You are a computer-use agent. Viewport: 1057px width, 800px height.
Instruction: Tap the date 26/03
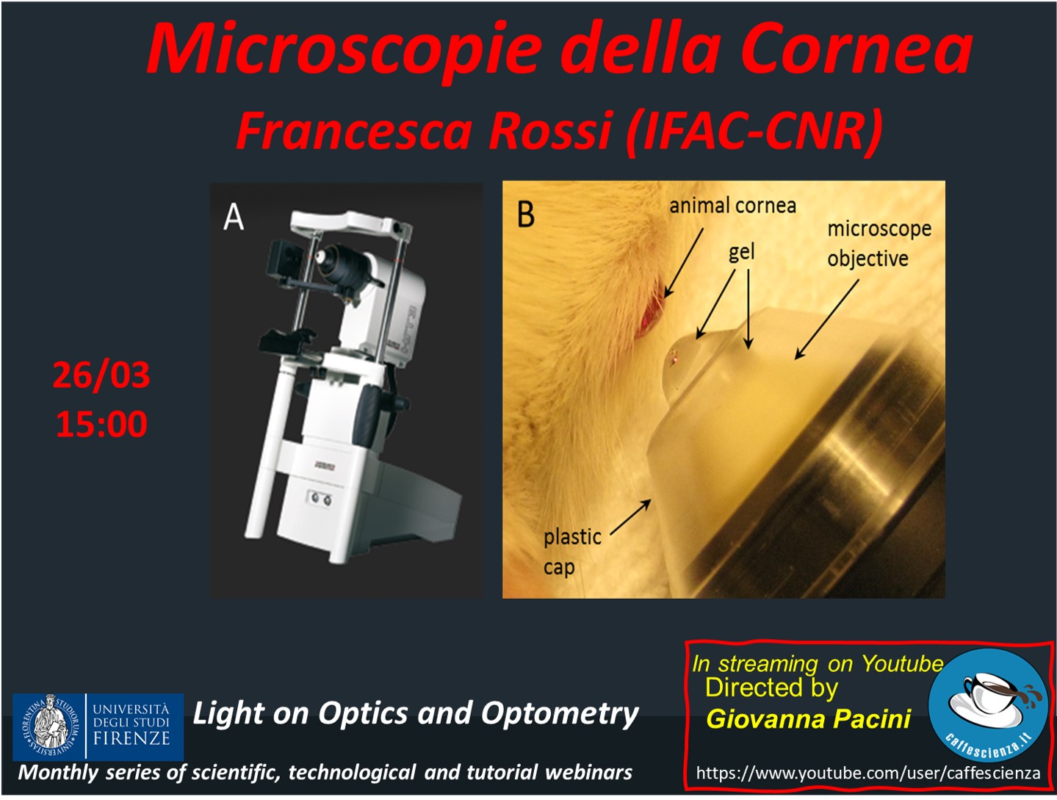(x=101, y=375)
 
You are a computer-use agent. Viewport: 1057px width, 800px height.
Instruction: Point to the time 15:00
(x=101, y=424)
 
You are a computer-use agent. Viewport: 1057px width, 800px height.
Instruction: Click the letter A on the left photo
(x=234, y=217)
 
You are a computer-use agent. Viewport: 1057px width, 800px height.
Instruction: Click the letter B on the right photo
(x=526, y=214)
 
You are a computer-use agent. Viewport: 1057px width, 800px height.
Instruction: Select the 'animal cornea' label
(x=732, y=206)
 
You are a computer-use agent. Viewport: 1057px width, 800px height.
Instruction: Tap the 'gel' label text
(x=741, y=252)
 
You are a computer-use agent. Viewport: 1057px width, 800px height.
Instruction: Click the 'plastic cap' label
(x=572, y=552)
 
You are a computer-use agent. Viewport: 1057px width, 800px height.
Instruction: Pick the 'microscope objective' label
(x=879, y=244)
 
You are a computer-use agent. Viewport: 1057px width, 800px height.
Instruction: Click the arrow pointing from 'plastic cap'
(x=631, y=516)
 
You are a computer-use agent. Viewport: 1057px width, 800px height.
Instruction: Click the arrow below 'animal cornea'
(x=684, y=262)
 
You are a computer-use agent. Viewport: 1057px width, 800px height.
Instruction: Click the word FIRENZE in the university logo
(x=131, y=738)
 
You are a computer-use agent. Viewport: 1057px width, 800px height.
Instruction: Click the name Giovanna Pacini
(x=809, y=719)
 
